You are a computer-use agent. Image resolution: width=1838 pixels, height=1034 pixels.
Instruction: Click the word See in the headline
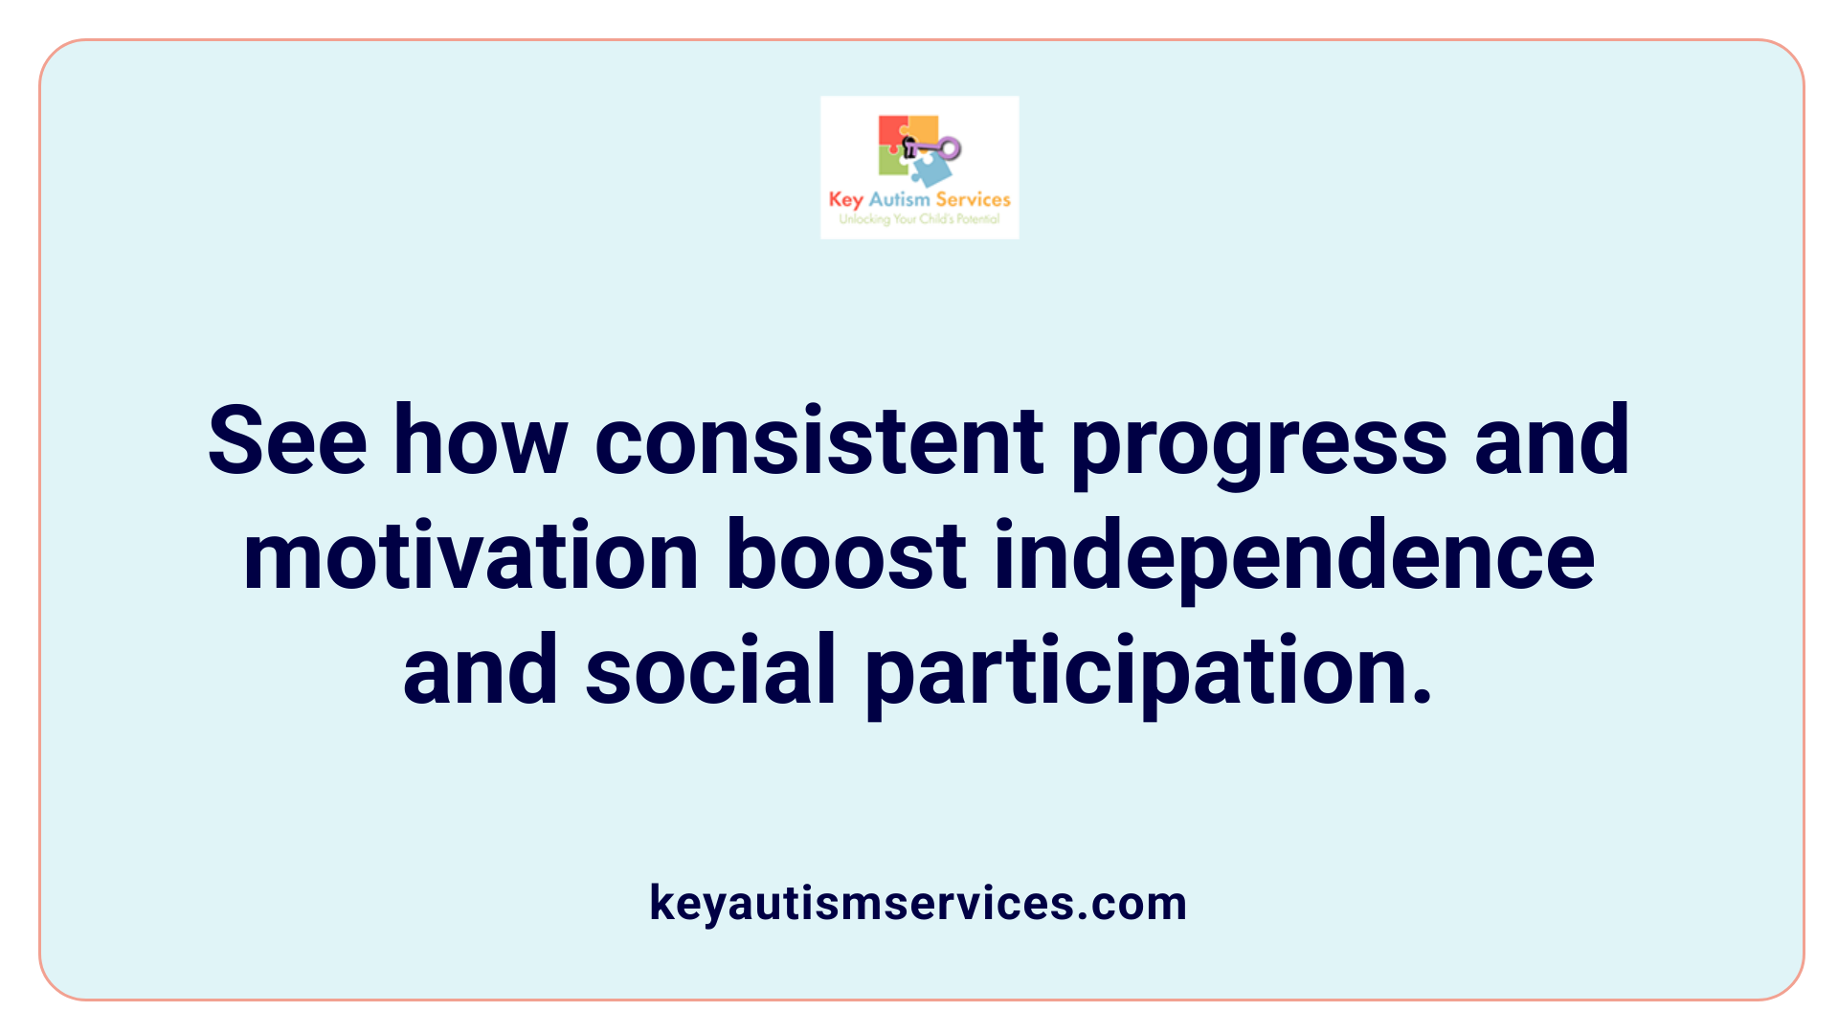pos(287,441)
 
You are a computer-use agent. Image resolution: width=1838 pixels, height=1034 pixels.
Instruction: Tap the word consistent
pos(818,441)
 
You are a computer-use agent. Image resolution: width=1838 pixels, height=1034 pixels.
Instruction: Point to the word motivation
pos(471,556)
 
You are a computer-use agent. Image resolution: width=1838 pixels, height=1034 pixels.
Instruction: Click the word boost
pos(846,556)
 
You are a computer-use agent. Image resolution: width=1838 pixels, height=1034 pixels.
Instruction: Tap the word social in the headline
pos(710,670)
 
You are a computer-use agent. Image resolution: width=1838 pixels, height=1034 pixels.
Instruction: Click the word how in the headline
pos(481,441)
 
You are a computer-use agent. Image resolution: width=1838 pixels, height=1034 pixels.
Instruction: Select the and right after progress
pos(1552,441)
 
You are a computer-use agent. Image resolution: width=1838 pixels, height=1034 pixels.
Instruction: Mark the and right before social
pos(481,670)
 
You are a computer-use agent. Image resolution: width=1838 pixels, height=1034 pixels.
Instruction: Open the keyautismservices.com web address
pos(918,903)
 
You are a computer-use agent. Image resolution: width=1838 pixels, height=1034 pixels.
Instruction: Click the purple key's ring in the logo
pos(949,148)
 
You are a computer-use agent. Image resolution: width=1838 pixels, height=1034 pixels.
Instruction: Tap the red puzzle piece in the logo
pos(891,132)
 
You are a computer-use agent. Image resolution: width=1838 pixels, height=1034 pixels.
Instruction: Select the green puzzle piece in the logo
pos(892,163)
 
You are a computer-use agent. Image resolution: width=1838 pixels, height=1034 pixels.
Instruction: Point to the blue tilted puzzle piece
pos(931,170)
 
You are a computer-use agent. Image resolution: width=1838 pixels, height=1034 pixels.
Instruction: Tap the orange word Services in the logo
pos(973,199)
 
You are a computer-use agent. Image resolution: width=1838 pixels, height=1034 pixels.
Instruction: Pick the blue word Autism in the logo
pos(899,199)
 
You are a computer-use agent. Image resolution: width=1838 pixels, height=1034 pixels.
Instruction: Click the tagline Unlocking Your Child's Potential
pos(919,219)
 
